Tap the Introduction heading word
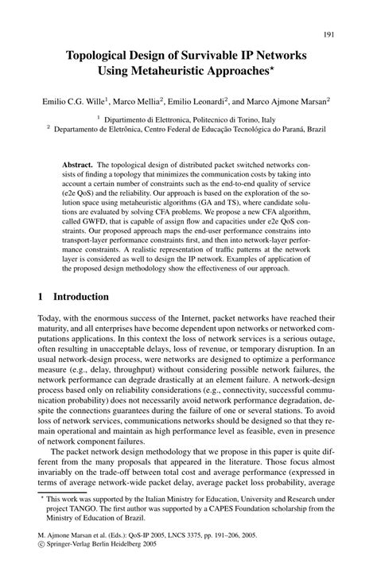tap(82, 298)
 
